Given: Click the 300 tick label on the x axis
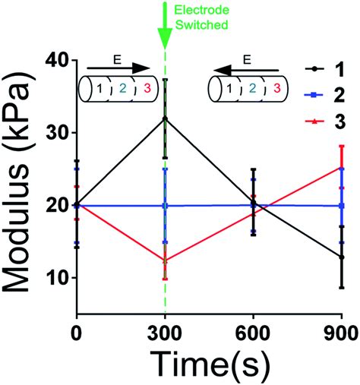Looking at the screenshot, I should point(165,331).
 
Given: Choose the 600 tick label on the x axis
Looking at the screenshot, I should point(254,331).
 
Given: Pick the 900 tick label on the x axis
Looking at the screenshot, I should point(342,331).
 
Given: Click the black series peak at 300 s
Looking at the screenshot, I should point(165,118).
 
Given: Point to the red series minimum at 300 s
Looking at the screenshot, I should point(165,260).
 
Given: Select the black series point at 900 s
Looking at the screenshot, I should point(342,257).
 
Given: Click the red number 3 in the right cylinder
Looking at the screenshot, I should point(277,89).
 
